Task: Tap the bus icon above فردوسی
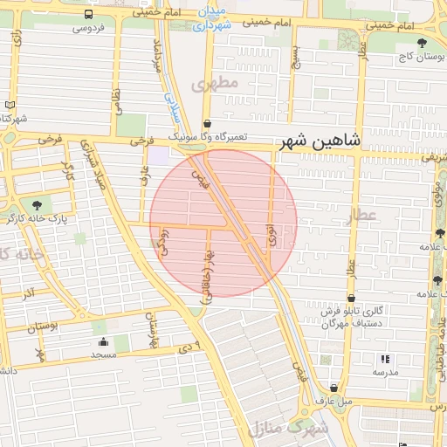pos(89,15)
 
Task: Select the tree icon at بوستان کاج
pos(423,42)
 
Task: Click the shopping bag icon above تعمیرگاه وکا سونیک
pos(207,124)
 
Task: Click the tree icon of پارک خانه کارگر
pos(36,204)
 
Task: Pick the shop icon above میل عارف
pos(334,389)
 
